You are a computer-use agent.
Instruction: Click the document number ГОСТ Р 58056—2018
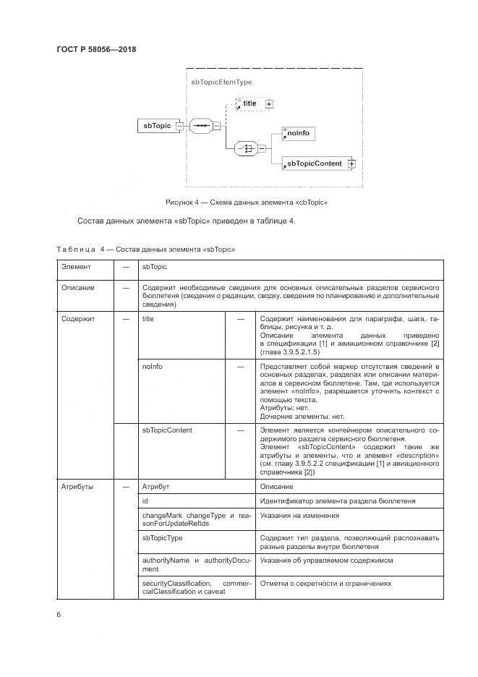[96, 50]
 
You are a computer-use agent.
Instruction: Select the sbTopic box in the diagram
[157, 126]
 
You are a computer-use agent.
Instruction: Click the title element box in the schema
[249, 103]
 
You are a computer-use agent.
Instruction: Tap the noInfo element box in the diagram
[299, 134]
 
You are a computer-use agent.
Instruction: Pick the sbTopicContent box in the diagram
[315, 164]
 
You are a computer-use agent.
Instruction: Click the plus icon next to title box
[269, 104]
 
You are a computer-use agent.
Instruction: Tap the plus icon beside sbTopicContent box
[352, 164]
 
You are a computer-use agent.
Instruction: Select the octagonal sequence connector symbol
[201, 126]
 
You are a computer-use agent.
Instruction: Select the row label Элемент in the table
[77, 268]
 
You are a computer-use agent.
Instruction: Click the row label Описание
[78, 287]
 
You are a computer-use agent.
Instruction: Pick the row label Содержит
[78, 318]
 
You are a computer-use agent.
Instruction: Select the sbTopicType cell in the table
[163, 538]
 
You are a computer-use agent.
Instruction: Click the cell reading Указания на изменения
[299, 516]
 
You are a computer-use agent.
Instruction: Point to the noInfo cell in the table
[153, 367]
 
